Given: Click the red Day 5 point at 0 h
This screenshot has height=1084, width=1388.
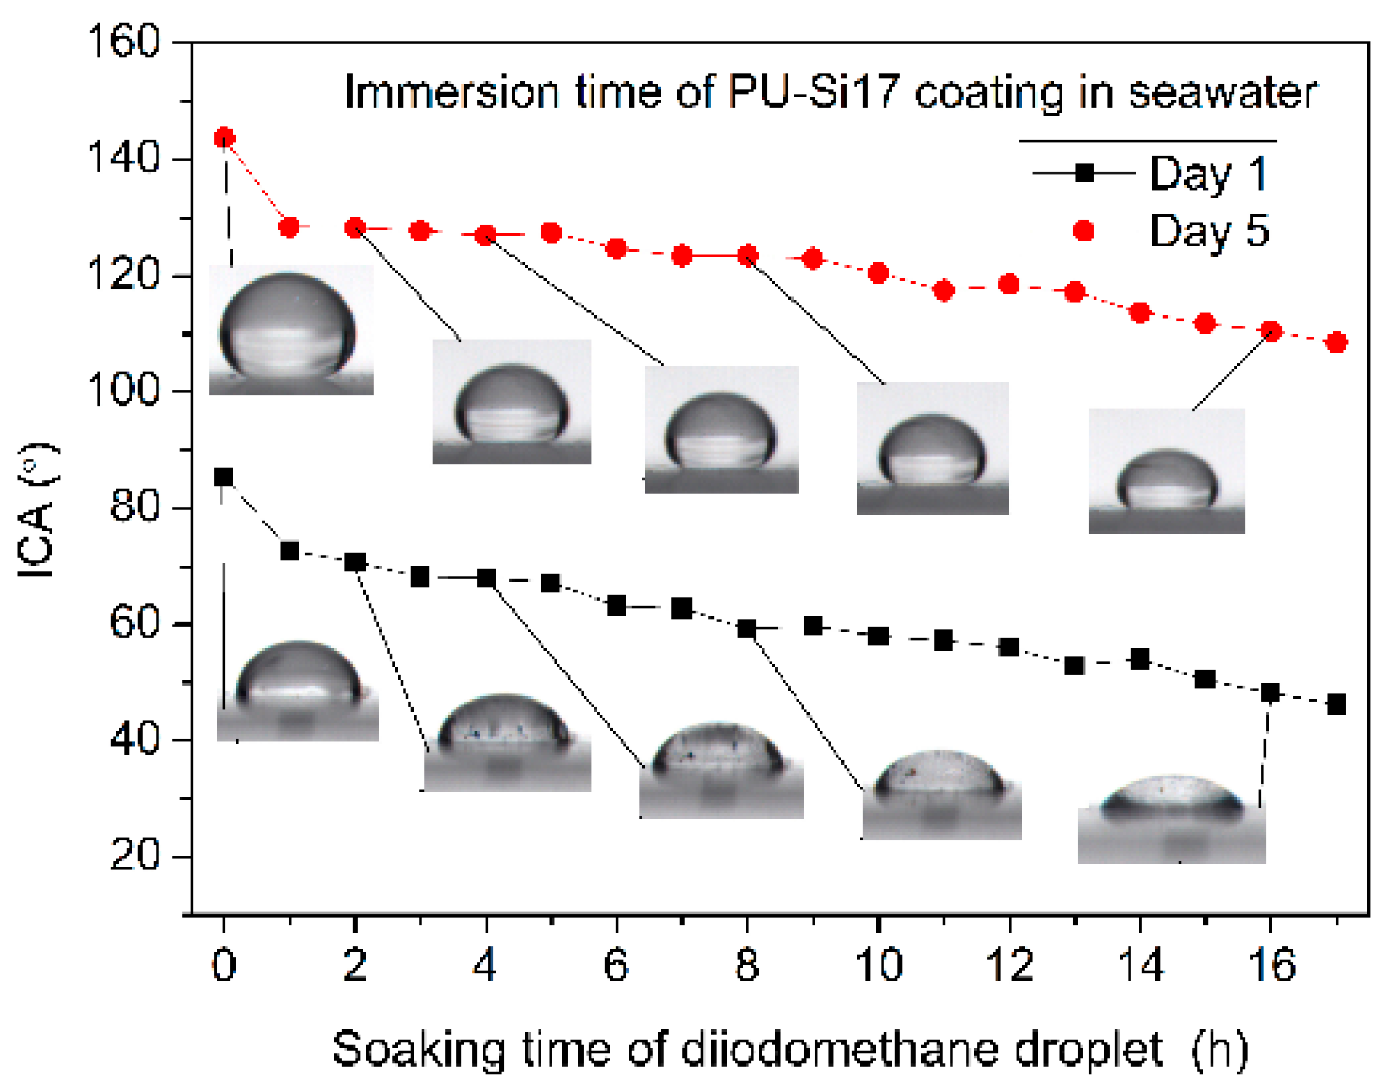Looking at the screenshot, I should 224,138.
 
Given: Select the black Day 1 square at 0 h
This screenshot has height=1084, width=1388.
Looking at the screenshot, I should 223,477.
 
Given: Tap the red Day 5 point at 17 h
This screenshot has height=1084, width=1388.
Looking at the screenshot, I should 1336,342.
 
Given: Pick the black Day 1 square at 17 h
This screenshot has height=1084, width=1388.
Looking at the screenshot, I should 1336,704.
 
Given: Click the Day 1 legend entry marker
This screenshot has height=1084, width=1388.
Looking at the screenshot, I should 1084,173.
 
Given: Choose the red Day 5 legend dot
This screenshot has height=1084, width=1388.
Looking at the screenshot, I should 1083,230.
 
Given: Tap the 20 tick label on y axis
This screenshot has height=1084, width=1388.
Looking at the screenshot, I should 135,855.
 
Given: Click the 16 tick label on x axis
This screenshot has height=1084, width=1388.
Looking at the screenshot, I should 1271,965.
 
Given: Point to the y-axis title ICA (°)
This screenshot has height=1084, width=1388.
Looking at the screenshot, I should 36,511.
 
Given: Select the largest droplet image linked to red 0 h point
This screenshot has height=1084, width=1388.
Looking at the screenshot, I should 291,330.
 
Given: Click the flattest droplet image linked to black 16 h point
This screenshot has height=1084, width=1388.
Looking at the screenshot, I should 1171,819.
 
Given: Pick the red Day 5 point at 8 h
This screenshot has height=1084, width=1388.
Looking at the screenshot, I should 747,255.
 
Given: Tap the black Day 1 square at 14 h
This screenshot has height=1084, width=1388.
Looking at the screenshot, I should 1139,659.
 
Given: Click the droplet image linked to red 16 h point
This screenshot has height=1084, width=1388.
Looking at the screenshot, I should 1166,471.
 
